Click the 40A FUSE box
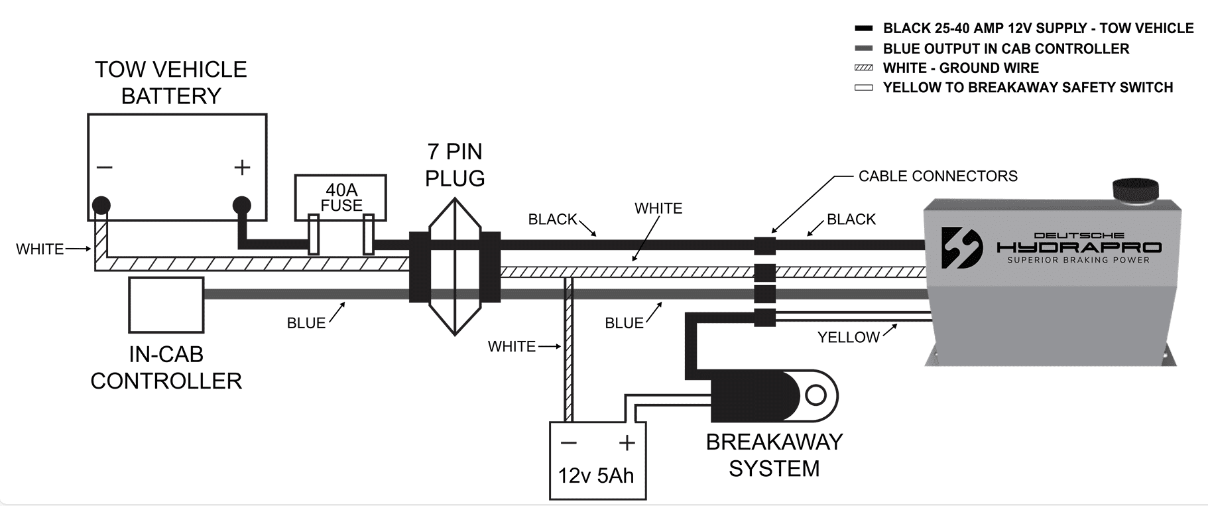click(x=340, y=196)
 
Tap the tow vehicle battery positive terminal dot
click(x=242, y=204)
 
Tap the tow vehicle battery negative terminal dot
click(x=101, y=204)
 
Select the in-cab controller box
click(x=166, y=305)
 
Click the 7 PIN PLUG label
click(x=455, y=164)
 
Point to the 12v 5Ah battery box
click(x=597, y=460)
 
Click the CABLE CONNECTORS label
click(x=937, y=176)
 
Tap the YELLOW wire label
click(x=848, y=338)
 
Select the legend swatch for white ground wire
click(x=864, y=68)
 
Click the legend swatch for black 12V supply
click(x=864, y=29)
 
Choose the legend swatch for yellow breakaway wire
click(x=864, y=88)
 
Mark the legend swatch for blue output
click(x=864, y=48)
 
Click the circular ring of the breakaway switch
click(x=815, y=396)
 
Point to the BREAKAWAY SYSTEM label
click(x=774, y=455)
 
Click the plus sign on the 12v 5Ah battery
click(x=627, y=442)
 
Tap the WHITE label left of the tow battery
click(x=40, y=249)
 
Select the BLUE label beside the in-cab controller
click(x=306, y=323)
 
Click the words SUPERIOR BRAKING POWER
click(x=1078, y=260)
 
